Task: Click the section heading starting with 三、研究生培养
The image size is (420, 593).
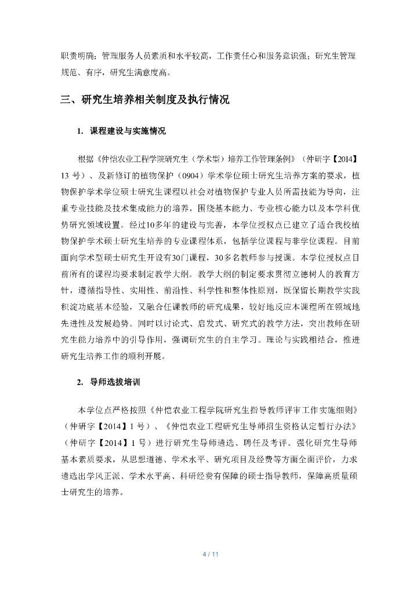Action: pyautogui.click(x=146, y=100)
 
